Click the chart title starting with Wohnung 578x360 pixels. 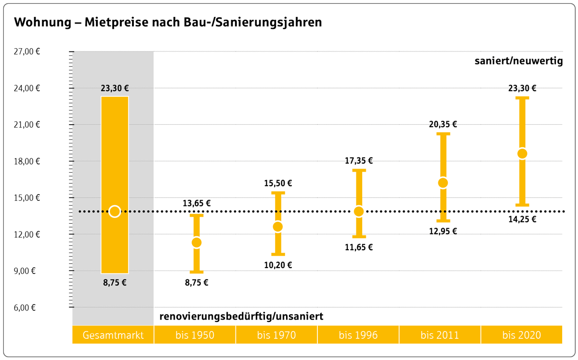[168, 23]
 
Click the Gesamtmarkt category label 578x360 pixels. [113, 335]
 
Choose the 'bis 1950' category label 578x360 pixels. [195, 335]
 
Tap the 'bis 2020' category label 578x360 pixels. [522, 335]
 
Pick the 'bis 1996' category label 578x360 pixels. [358, 335]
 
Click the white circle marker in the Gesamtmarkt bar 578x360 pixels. [115, 211]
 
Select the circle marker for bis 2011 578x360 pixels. [443, 183]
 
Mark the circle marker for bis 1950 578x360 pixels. [197, 243]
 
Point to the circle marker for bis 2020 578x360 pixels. [522, 154]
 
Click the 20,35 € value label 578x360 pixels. [443, 124]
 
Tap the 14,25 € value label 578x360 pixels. [522, 219]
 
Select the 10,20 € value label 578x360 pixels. [278, 265]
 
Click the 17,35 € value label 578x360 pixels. [359, 161]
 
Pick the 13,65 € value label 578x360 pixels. [197, 204]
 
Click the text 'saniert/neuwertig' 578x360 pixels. [519, 62]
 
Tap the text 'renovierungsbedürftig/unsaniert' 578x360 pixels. [241, 317]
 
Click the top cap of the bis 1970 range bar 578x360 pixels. [278, 193]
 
